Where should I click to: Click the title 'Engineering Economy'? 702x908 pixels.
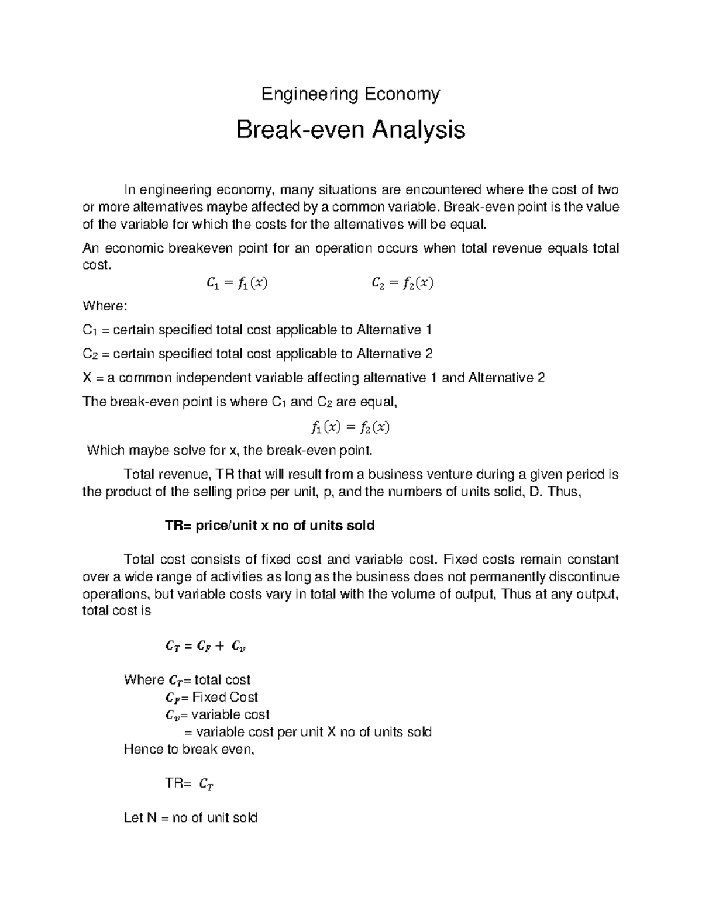[350, 94]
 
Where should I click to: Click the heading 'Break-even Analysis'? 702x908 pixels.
[350, 130]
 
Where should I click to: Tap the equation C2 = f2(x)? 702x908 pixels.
[402, 284]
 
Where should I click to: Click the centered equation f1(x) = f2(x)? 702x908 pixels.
[350, 427]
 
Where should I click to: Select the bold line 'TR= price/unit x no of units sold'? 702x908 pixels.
[270, 525]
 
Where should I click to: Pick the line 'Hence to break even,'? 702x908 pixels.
[190, 749]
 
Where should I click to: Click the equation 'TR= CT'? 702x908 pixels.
[190, 784]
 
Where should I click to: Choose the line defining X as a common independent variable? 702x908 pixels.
[314, 378]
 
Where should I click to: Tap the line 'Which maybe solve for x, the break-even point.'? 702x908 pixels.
[229, 450]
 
